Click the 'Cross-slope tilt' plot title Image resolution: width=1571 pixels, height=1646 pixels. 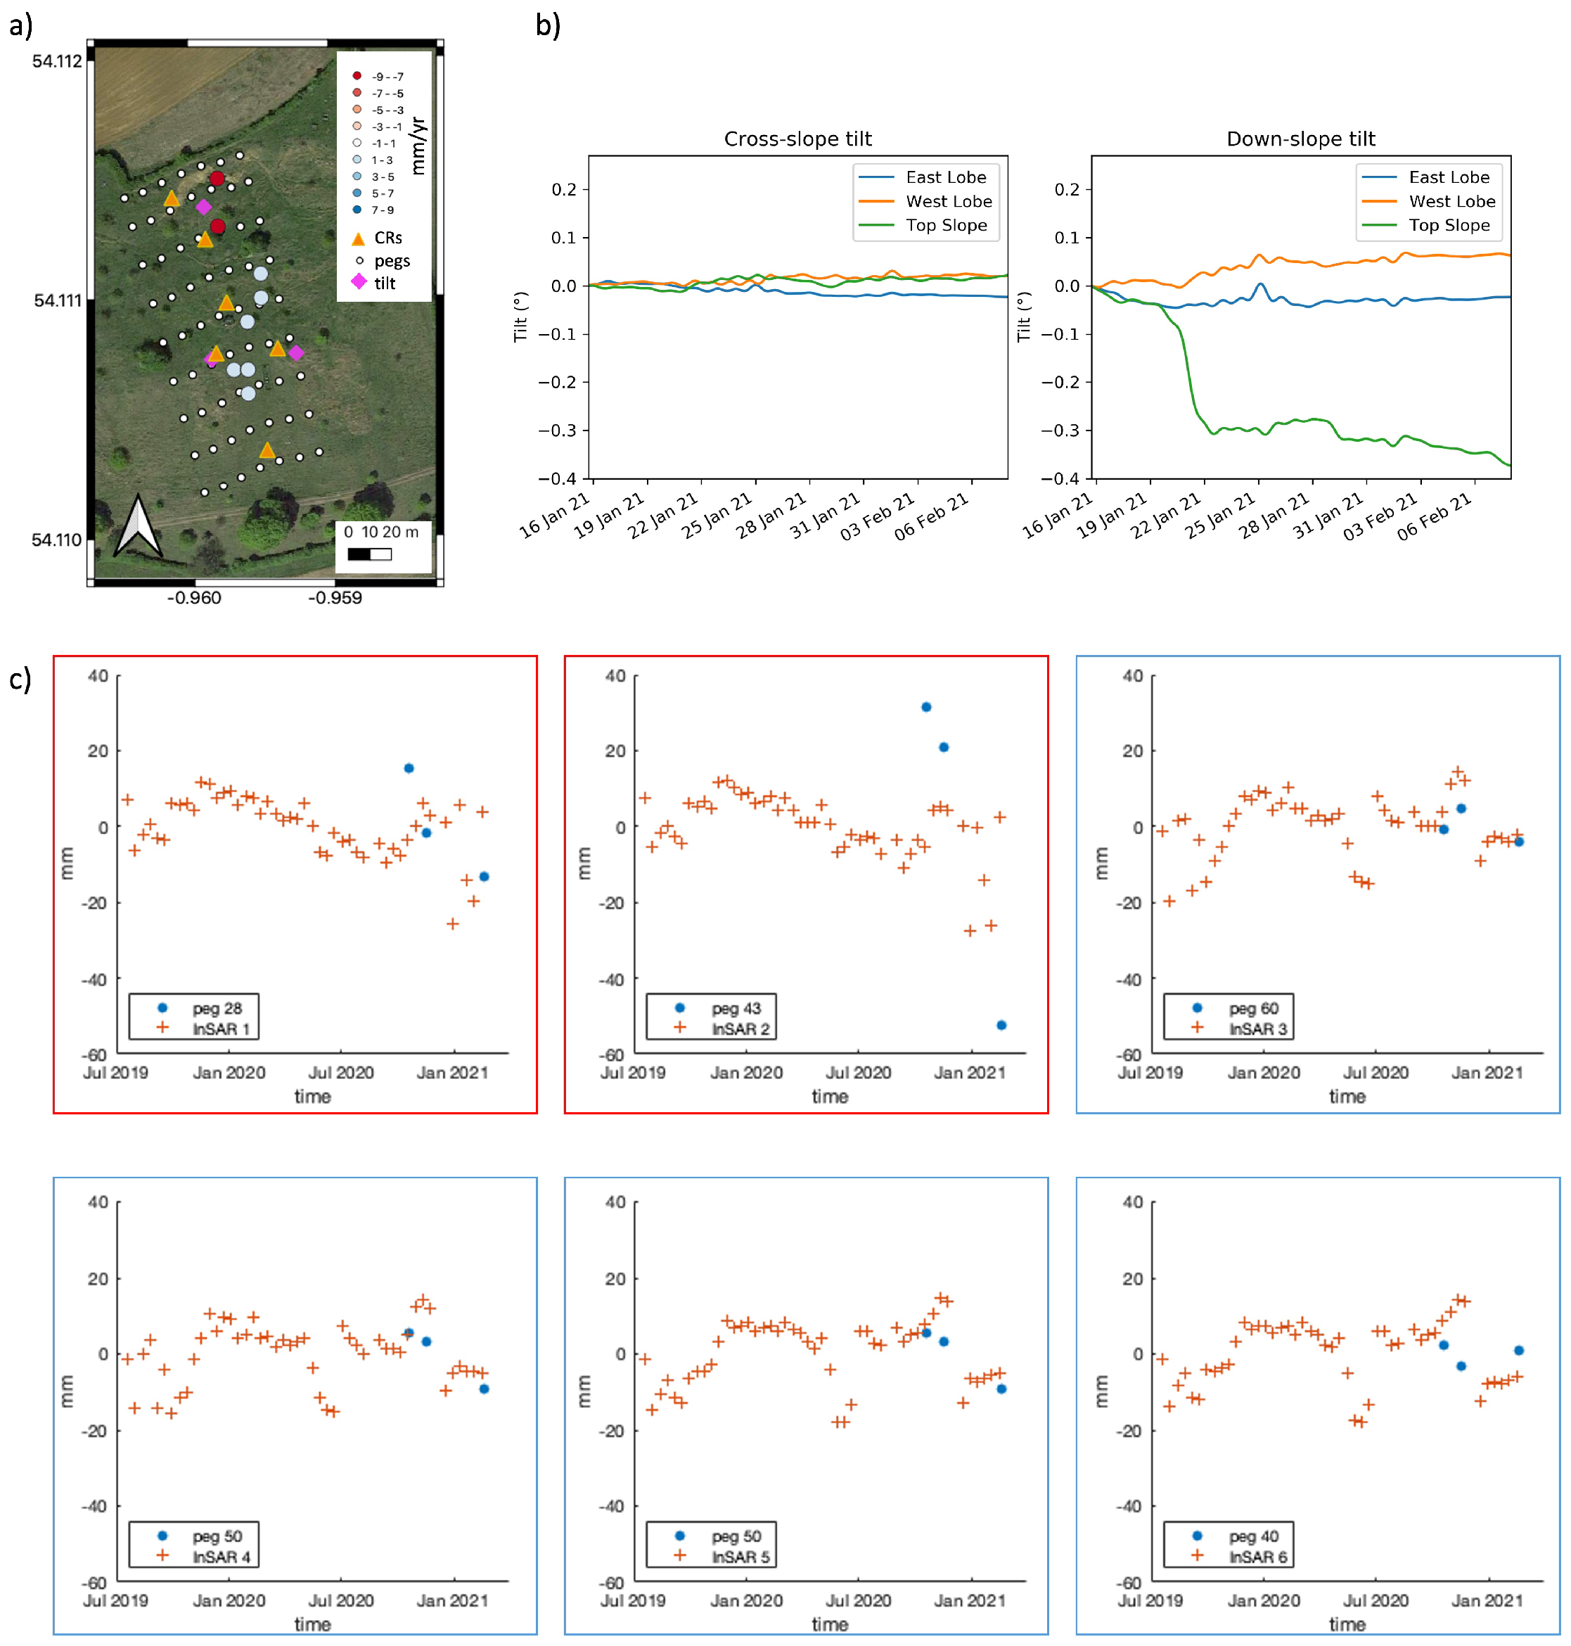[x=797, y=139]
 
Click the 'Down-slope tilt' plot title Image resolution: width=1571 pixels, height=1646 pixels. [x=1300, y=139]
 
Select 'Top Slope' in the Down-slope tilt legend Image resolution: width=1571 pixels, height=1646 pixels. [x=1449, y=225]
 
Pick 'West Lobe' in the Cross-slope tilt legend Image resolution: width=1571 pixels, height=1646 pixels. [x=948, y=201]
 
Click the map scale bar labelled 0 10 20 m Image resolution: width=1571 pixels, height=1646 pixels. [x=369, y=554]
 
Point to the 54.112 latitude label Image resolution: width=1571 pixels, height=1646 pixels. [x=57, y=61]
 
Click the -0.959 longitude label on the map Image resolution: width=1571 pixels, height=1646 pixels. [x=335, y=598]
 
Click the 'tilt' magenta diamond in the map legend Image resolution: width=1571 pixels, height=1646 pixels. [x=359, y=282]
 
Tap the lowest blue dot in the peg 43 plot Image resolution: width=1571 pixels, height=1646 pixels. [x=1001, y=1024]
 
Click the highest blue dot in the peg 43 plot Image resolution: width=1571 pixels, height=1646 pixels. [x=926, y=707]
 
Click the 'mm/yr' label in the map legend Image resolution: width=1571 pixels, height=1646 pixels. [x=418, y=146]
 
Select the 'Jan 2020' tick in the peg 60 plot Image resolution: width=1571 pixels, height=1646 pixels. [x=1264, y=1072]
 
